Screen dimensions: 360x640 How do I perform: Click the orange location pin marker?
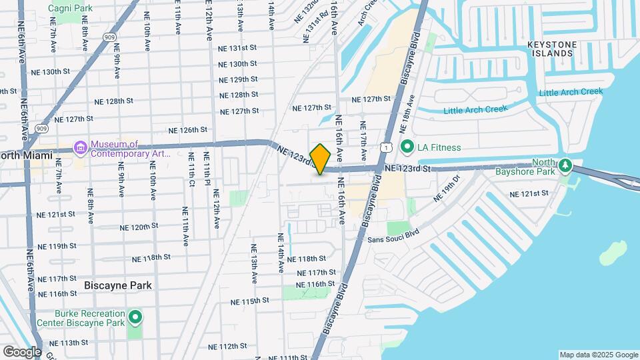pos(321,159)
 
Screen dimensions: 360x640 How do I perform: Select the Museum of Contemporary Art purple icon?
pos(81,147)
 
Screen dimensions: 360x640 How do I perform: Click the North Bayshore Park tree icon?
pos(565,164)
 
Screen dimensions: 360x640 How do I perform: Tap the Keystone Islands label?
pos(551,49)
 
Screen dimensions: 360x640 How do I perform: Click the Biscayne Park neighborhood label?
pos(118,285)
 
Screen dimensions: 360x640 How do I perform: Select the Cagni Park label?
pos(69,8)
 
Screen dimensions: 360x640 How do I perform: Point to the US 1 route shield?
pos(385,146)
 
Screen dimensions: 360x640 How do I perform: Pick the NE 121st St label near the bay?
pos(529,193)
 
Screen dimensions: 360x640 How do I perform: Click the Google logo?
pos(21,351)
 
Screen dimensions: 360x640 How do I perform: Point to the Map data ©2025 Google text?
pos(598,355)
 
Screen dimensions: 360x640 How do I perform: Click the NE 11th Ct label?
pos(185,225)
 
